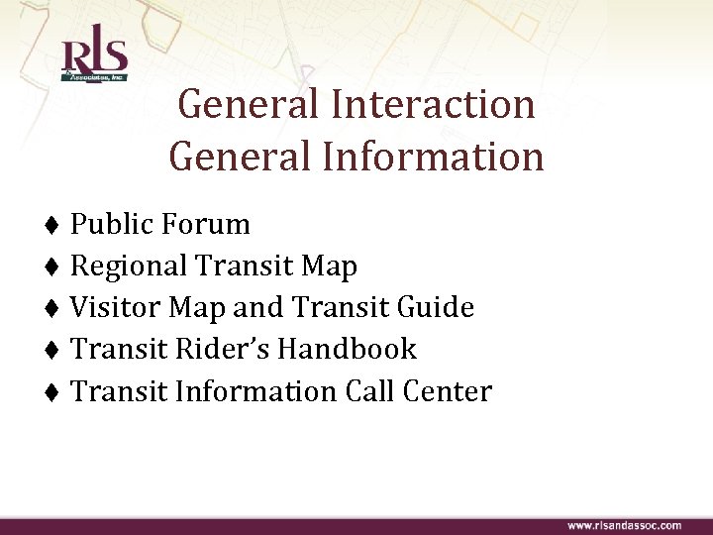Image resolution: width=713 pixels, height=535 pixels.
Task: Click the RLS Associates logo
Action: (x=94, y=60)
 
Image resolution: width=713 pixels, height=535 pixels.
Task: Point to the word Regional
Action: (x=130, y=267)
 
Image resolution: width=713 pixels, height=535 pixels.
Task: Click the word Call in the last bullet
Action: (x=369, y=391)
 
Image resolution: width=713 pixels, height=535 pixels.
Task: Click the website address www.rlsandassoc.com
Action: (x=624, y=524)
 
